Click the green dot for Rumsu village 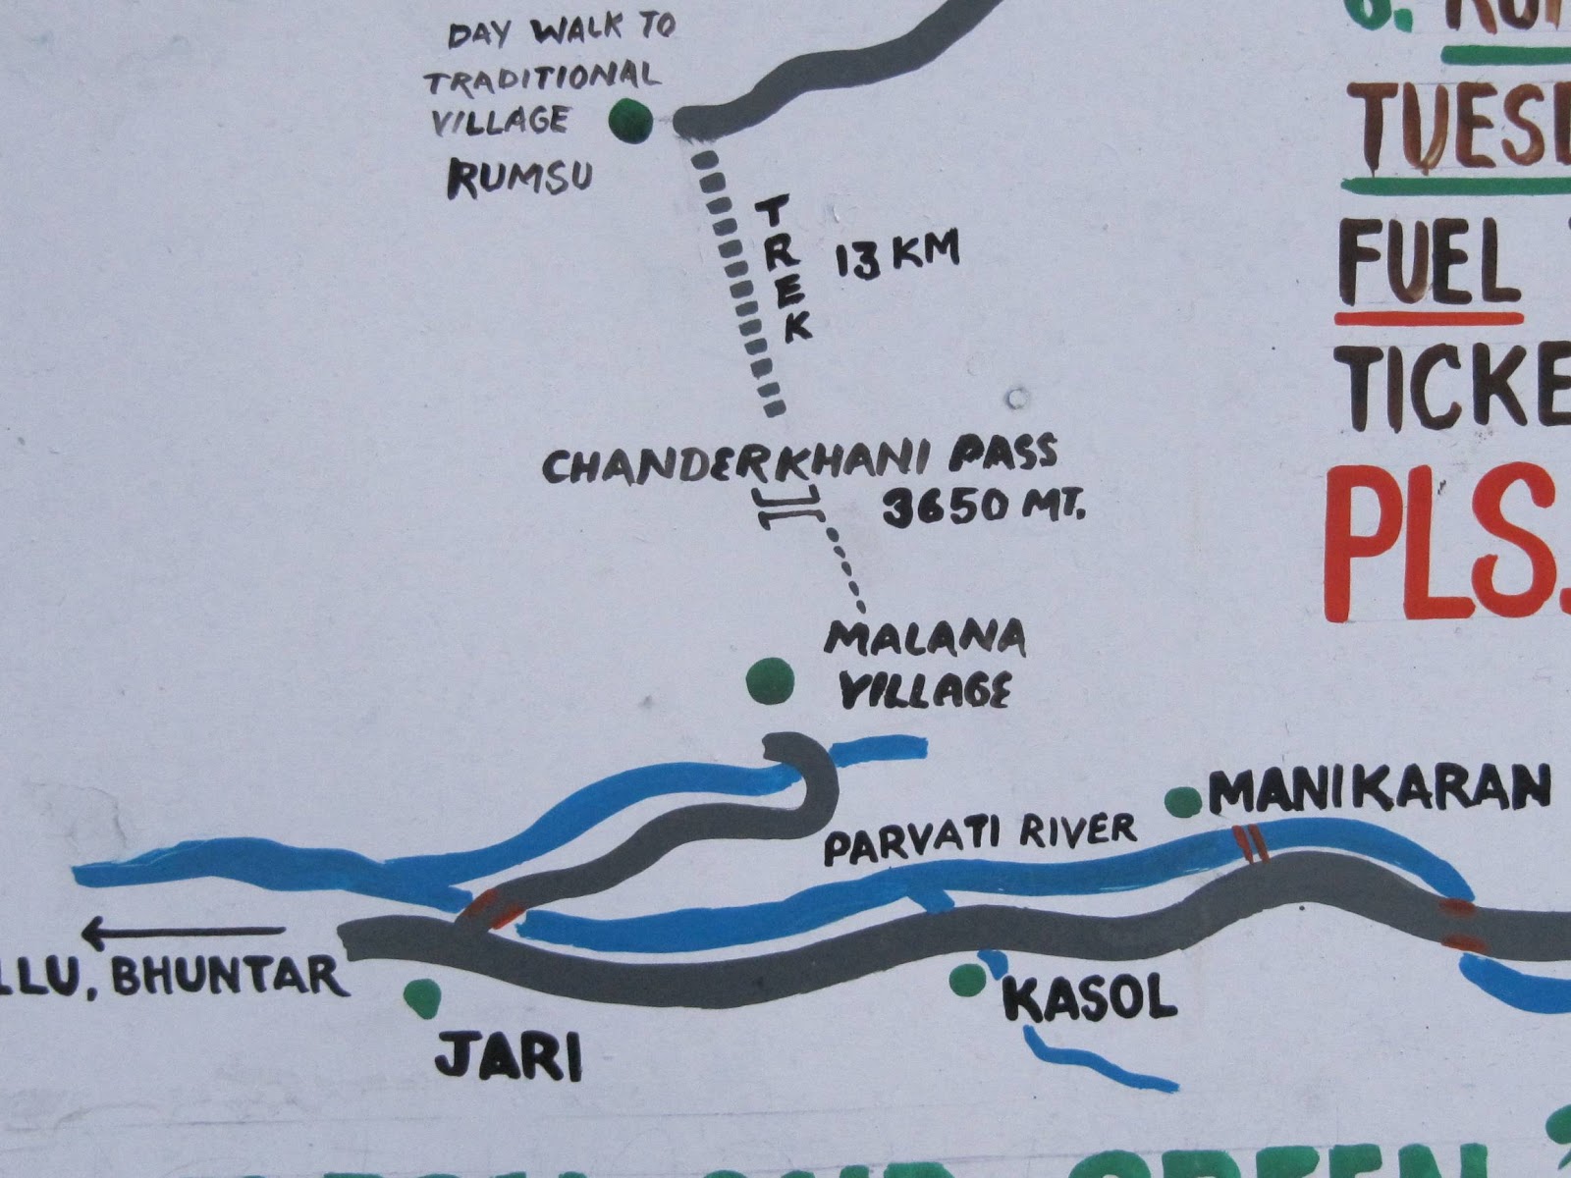point(629,121)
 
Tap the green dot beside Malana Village point(769,680)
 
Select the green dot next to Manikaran point(1183,801)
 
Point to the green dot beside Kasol point(967,978)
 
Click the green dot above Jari point(423,994)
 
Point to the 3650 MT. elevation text point(983,509)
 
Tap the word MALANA point(926,640)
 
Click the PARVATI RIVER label point(979,839)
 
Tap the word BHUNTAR point(230,977)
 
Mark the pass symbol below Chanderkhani point(787,509)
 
